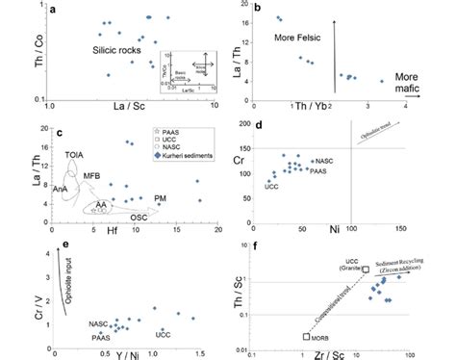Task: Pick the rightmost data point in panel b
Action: coord(381,82)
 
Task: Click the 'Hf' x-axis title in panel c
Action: coord(96,231)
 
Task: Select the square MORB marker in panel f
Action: coord(305,336)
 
